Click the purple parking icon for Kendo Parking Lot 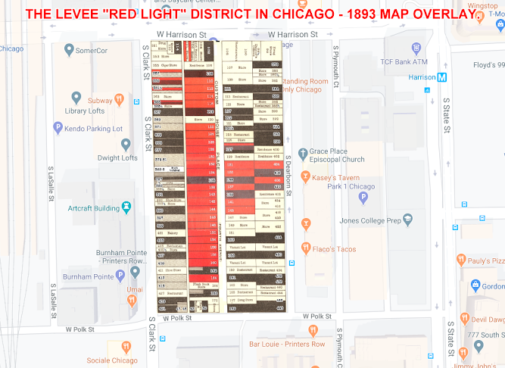pos(58,128)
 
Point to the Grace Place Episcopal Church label pos(337,156)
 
